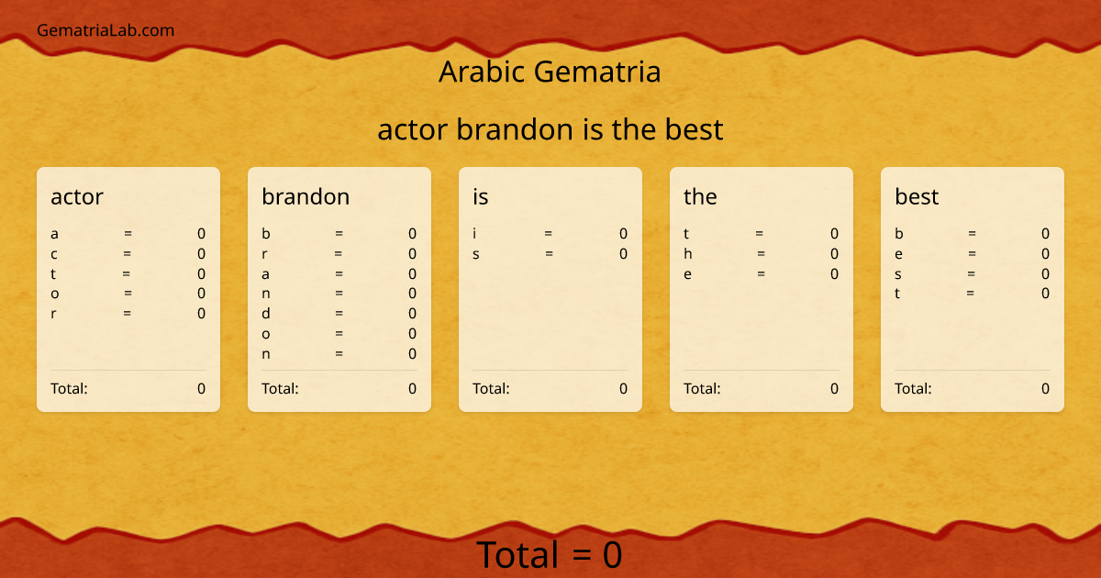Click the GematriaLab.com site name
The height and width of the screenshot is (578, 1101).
[106, 30]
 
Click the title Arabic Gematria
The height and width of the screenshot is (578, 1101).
[550, 72]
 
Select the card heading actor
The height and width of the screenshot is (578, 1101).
[77, 196]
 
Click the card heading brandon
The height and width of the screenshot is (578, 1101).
[306, 196]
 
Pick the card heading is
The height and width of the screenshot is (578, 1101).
[481, 196]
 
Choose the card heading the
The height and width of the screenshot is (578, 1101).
[700, 196]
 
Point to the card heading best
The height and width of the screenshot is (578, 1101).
[917, 196]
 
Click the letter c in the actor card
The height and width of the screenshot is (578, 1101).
[54, 254]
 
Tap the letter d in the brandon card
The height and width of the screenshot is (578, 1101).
[266, 314]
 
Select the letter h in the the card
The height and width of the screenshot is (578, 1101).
[688, 254]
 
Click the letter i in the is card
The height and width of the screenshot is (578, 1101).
[474, 234]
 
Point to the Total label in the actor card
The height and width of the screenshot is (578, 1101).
[69, 388]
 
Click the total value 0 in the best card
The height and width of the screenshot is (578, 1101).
[1045, 388]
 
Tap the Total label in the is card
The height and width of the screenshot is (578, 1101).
[491, 388]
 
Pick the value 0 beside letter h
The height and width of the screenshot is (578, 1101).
[834, 254]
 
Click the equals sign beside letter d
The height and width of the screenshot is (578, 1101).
[339, 314]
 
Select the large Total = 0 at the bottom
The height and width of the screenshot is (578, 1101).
[550, 555]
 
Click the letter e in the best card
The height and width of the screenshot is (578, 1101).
[899, 254]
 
